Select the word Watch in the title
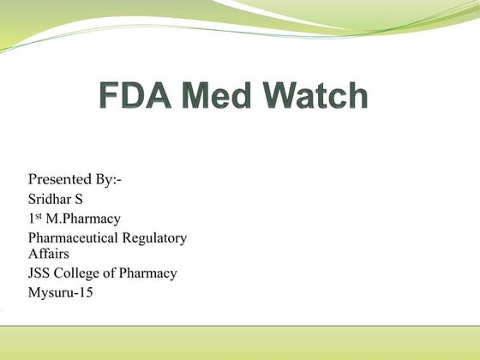[318, 95]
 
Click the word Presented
[63, 180]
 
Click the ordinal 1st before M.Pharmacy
[34, 219]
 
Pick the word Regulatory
[159, 237]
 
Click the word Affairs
[48, 253]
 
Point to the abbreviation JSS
[41, 273]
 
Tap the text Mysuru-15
[61, 293]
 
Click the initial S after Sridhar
[87, 200]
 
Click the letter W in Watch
[284, 95]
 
